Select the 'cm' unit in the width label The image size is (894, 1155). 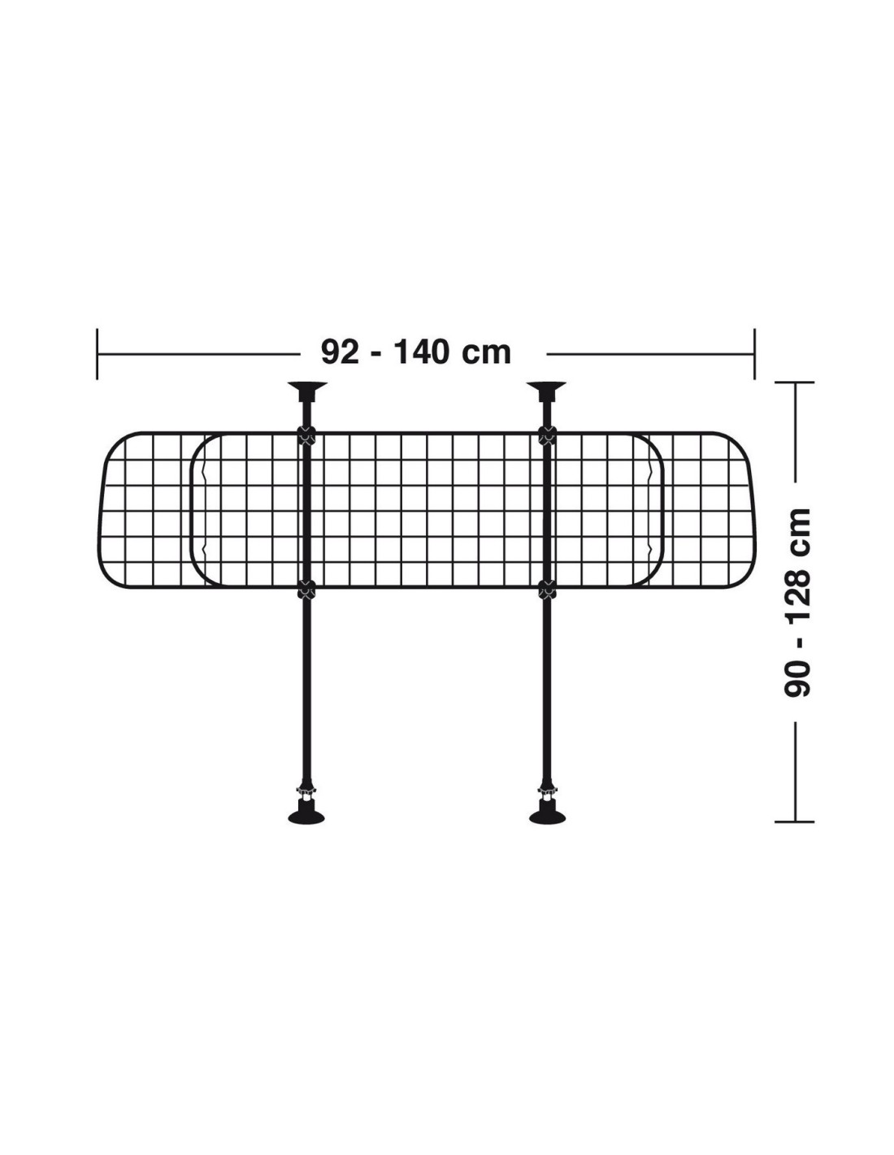[486, 355]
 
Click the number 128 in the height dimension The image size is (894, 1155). [796, 590]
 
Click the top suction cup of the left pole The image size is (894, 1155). [307, 390]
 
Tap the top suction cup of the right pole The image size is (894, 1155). [545, 390]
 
